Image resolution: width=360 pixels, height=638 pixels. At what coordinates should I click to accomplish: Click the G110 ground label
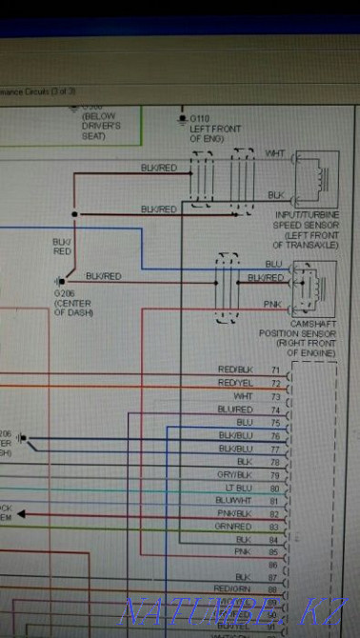tap(200, 119)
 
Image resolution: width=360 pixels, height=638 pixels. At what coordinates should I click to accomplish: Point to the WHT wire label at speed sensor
tap(274, 152)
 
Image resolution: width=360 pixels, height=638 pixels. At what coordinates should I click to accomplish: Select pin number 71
tap(276, 369)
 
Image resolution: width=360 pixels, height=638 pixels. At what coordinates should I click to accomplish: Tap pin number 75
tap(276, 421)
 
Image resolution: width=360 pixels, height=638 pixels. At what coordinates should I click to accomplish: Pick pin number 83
tap(276, 526)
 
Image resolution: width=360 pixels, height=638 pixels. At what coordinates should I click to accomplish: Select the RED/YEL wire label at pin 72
tap(234, 382)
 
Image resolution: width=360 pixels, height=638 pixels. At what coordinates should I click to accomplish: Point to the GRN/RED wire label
tap(234, 526)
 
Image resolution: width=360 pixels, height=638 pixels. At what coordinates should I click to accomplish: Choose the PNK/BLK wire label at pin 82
tap(234, 512)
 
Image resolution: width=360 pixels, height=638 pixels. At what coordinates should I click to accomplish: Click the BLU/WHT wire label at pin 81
tap(234, 500)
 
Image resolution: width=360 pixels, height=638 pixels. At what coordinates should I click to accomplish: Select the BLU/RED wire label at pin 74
tap(234, 409)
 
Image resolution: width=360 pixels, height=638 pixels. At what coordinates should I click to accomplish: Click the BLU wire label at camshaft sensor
tap(273, 263)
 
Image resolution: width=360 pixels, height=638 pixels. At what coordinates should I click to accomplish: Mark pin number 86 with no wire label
tap(276, 565)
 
